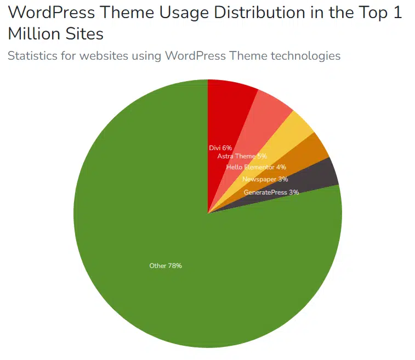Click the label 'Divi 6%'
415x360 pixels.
tap(220, 148)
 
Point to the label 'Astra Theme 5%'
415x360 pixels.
tap(242, 156)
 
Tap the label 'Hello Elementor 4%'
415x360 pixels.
tap(256, 167)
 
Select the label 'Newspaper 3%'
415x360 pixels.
tap(265, 179)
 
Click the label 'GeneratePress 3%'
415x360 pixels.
tap(271, 192)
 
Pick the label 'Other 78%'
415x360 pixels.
tap(166, 266)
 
